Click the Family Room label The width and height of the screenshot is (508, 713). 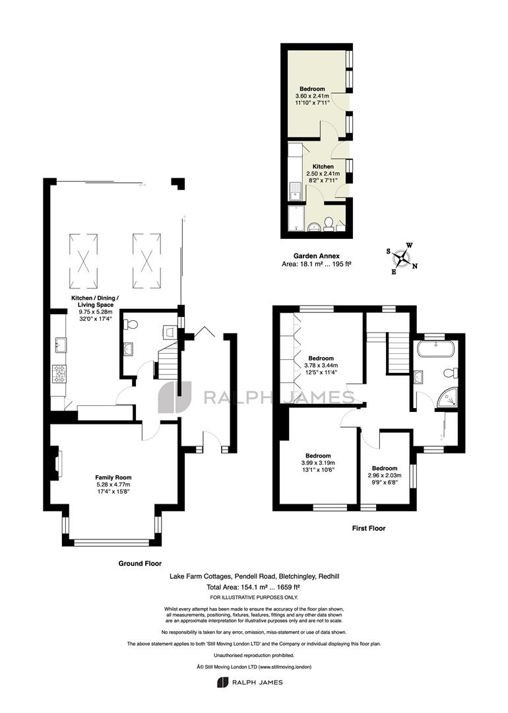pyautogui.click(x=113, y=477)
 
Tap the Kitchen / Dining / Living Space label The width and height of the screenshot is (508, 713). pyautogui.click(x=95, y=302)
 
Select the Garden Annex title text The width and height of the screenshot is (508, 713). pyautogui.click(x=316, y=256)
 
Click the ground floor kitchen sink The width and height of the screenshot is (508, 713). pyautogui.click(x=59, y=345)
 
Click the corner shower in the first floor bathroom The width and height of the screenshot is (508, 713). pyautogui.click(x=447, y=398)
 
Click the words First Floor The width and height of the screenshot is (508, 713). pyautogui.click(x=369, y=528)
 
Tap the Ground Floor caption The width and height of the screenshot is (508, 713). pyautogui.click(x=140, y=563)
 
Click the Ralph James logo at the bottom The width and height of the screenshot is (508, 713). pyautogui.click(x=250, y=682)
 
